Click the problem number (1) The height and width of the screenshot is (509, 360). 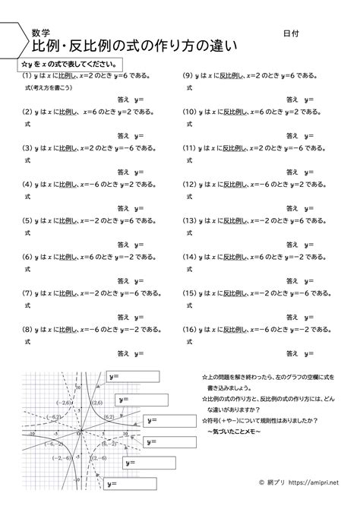27,77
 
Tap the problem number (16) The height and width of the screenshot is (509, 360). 191,310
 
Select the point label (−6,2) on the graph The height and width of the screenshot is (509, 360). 54,416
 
